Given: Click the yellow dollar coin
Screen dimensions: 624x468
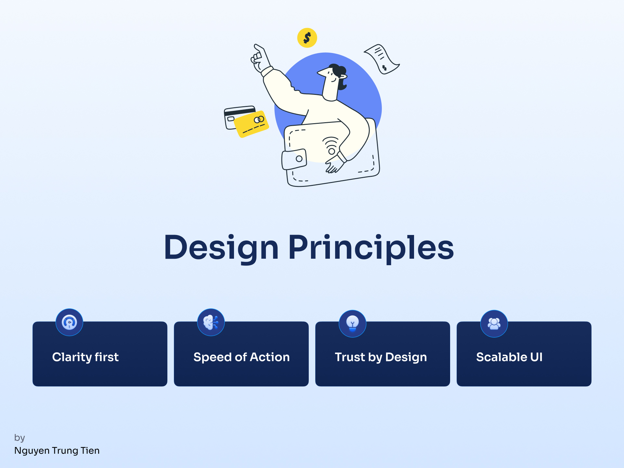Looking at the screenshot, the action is (307, 38).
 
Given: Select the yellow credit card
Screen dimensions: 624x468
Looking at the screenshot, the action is (251, 124).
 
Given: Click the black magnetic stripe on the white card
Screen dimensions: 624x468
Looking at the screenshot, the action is (240, 112).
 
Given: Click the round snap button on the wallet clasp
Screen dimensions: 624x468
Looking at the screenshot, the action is (299, 159).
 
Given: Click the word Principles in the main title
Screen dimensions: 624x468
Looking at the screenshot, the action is (371, 248).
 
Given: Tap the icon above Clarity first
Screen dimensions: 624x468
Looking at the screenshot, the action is (69, 322).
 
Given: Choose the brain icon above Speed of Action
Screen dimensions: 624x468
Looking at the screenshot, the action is (211, 322).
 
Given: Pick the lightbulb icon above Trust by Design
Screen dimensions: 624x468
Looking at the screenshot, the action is (352, 323).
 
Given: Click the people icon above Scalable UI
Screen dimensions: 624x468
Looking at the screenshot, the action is (494, 323).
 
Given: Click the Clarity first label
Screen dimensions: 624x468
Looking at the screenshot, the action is (85, 357).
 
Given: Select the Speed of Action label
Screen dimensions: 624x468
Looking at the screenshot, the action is (241, 357).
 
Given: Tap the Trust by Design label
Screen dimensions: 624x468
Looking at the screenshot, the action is (381, 357).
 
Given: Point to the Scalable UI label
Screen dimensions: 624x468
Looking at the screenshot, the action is (509, 357).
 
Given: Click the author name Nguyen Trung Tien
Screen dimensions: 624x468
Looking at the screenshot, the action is (57, 451).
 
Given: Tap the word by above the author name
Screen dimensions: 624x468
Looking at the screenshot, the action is (19, 438).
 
